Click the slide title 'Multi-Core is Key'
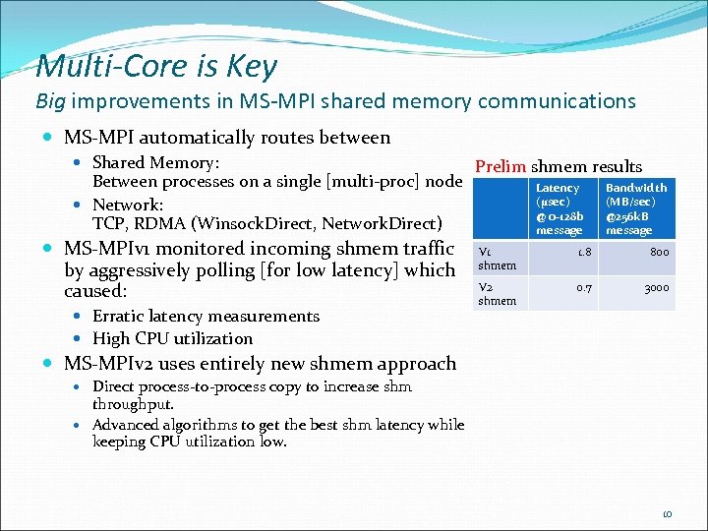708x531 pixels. [156, 67]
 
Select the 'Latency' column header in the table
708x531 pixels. [558, 208]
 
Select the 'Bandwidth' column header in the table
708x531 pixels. [635, 208]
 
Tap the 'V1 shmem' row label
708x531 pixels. [496, 259]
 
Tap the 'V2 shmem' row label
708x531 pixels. [496, 294]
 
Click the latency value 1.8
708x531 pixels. [583, 253]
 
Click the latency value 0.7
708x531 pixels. [583, 288]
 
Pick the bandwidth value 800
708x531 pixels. [659, 253]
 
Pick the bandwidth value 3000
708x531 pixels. [656, 288]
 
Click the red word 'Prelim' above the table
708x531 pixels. [501, 167]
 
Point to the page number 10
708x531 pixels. [666, 513]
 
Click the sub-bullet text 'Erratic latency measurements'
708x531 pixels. [206, 317]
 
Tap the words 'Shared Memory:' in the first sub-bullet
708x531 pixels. [155, 163]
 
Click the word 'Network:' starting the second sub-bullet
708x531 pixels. [128, 205]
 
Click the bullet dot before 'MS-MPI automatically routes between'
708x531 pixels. [48, 138]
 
